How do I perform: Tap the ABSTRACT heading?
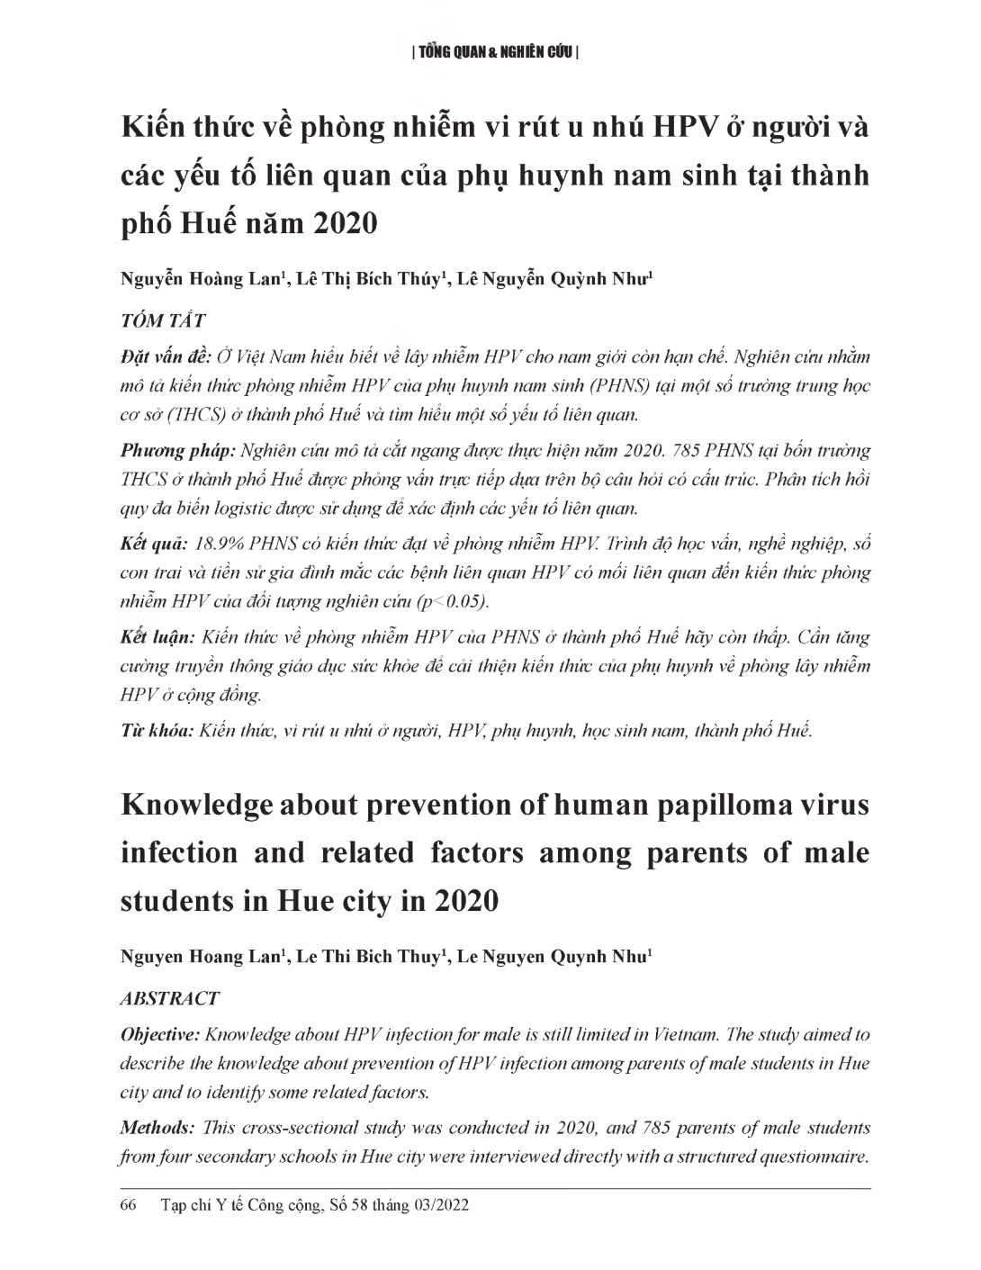click(169, 998)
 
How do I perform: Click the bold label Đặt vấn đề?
click(166, 356)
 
